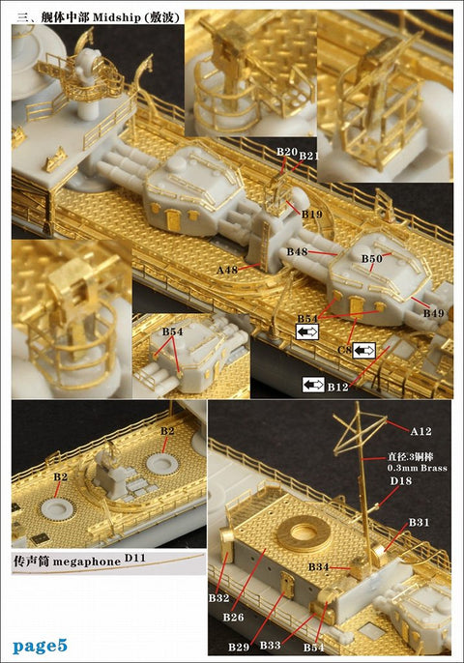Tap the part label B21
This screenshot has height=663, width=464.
(x=308, y=156)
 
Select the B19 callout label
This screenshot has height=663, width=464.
(x=311, y=214)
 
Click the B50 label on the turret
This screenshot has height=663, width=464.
(x=372, y=259)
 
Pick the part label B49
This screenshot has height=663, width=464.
(x=433, y=313)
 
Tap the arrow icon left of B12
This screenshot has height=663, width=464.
(x=313, y=385)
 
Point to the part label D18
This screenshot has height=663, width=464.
(x=400, y=480)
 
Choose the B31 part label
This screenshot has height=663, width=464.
(x=419, y=522)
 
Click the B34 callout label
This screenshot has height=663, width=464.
(x=319, y=565)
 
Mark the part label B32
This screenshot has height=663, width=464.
(x=218, y=598)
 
